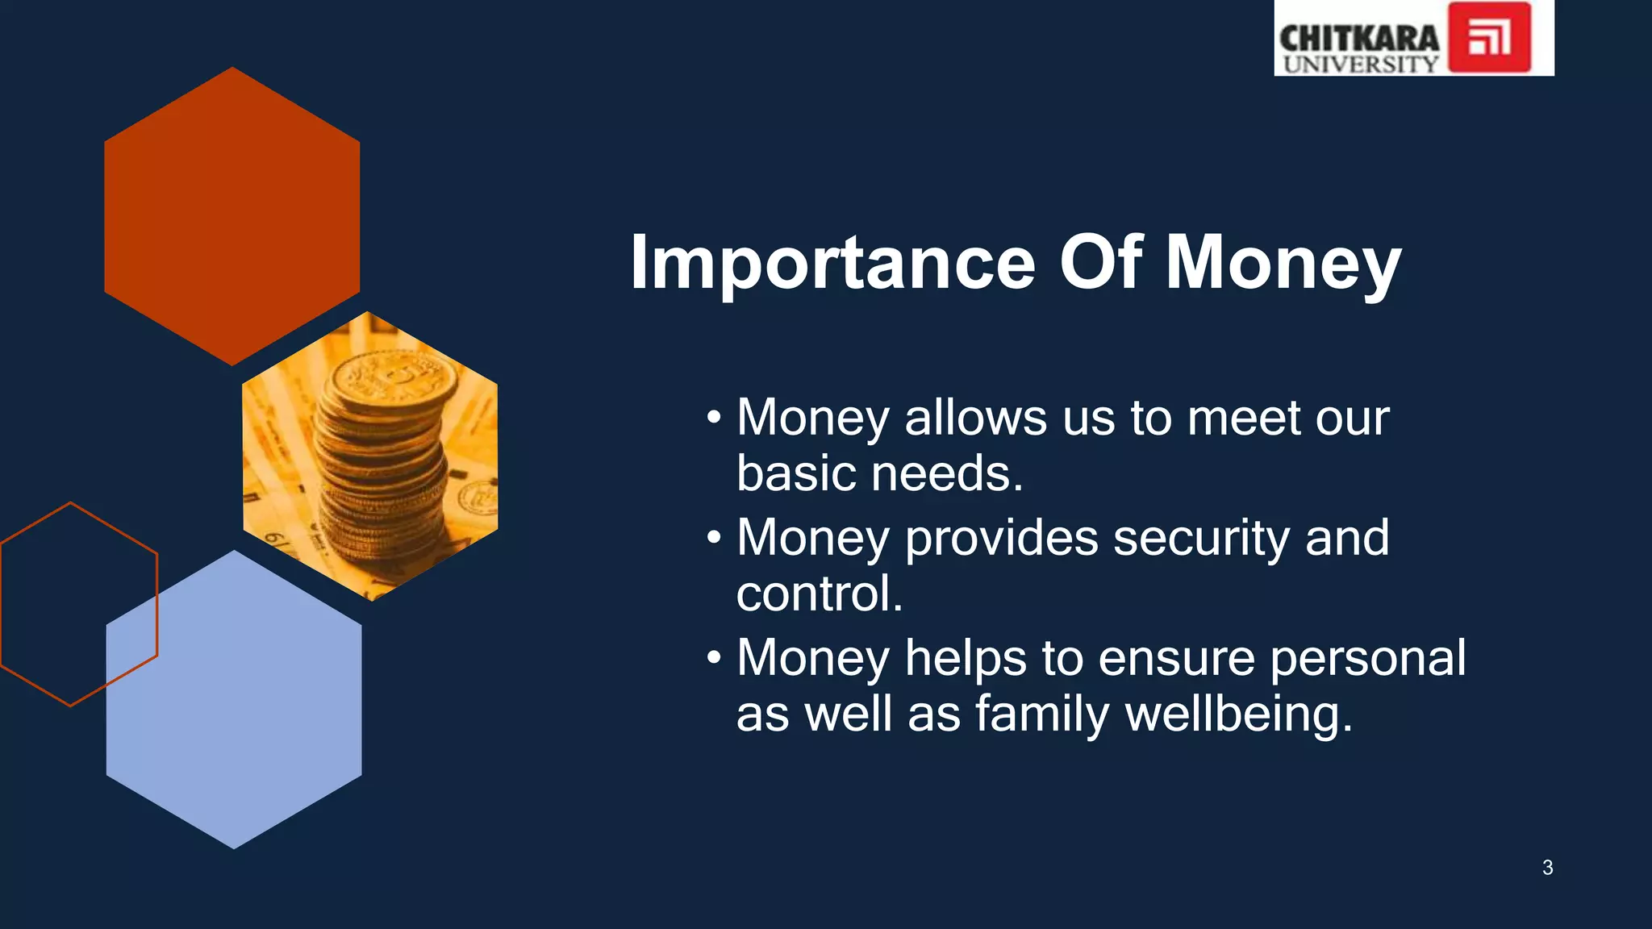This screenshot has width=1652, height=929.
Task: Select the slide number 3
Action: click(x=1547, y=868)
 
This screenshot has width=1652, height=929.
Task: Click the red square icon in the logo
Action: click(x=1489, y=38)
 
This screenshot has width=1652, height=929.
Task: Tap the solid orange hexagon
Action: click(x=232, y=216)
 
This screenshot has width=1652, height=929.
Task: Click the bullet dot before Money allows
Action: click(x=713, y=418)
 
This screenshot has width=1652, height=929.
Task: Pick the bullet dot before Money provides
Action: click(x=713, y=538)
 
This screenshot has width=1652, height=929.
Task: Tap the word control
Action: click(x=818, y=594)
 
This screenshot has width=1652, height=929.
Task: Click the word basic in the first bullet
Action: click(x=796, y=473)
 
